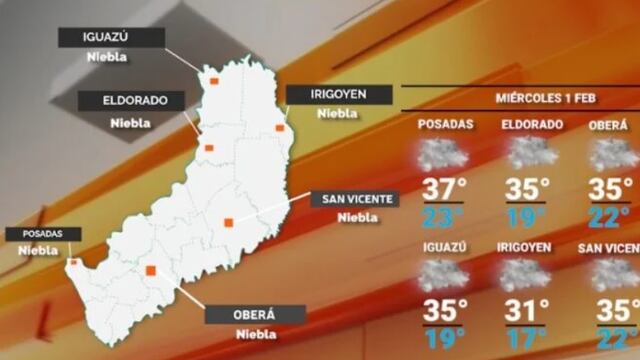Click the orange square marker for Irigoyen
click(280, 127)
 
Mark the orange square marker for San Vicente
click(229, 222)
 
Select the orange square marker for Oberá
click(151, 270)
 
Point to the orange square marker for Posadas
click(72, 263)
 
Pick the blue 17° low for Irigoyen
click(526, 337)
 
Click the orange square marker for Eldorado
click(210, 148)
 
